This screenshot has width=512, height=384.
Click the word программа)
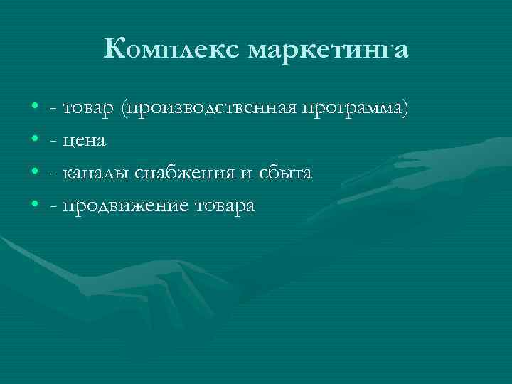tap(356, 108)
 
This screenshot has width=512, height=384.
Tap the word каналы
tap(95, 174)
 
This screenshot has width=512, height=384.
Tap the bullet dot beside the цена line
tap(35, 141)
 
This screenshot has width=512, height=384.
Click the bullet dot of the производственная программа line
tap(35, 108)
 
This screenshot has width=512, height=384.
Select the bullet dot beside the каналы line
tap(35, 174)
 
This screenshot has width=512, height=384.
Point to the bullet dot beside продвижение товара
tap(35, 206)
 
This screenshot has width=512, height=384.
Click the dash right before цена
tap(55, 142)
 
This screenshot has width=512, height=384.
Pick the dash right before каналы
tap(55, 174)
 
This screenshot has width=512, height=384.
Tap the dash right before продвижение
tap(55, 207)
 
